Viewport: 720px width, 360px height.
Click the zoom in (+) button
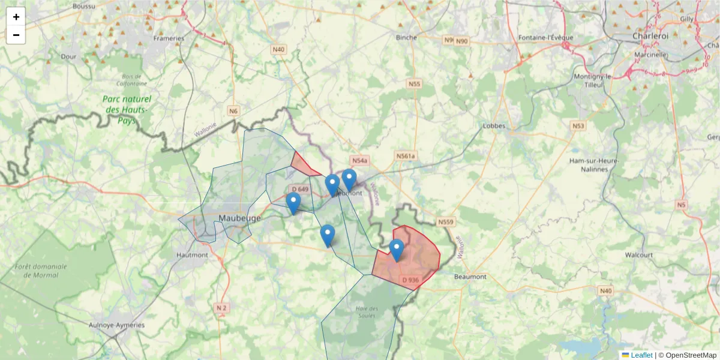point(16,17)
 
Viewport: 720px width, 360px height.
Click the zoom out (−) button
point(16,35)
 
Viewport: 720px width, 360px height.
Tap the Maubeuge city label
point(240,218)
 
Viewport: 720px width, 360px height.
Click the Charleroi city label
point(650,36)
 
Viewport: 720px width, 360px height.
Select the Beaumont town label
point(471,277)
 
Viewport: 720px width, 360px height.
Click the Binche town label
point(406,37)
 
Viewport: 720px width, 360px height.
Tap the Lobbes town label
point(494,126)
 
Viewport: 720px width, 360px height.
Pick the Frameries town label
point(169,38)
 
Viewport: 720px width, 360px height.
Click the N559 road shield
point(446,222)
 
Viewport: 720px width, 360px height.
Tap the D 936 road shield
point(410,280)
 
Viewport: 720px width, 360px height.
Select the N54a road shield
point(359,161)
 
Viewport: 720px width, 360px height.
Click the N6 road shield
point(233,110)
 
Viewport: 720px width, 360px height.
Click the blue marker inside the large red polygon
point(396,249)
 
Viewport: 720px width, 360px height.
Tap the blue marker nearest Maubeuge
point(293,203)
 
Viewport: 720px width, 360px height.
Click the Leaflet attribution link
point(641,355)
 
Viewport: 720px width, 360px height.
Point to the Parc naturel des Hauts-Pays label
point(127,110)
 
